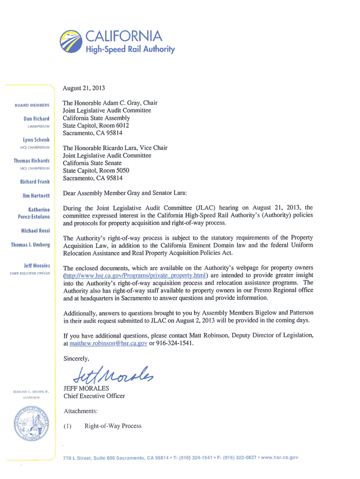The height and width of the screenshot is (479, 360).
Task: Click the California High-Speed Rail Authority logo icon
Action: tap(71, 42)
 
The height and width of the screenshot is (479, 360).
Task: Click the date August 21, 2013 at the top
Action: tap(85, 87)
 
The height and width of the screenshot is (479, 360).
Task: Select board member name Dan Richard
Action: tap(36, 119)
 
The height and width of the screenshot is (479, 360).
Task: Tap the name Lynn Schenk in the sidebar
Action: tap(36, 140)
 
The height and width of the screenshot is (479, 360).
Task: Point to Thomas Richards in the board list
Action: tap(31, 161)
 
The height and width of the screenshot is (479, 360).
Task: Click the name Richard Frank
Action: tap(35, 181)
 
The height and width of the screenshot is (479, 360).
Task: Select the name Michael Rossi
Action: tap(35, 231)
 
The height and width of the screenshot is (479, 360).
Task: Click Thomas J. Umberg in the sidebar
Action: tap(30, 245)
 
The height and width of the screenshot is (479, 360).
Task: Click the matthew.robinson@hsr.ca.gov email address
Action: tap(108, 343)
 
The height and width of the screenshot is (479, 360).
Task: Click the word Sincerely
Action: tap(76, 359)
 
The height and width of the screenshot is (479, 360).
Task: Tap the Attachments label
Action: tap(80, 411)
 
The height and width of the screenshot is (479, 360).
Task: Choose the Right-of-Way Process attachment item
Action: tap(113, 426)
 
